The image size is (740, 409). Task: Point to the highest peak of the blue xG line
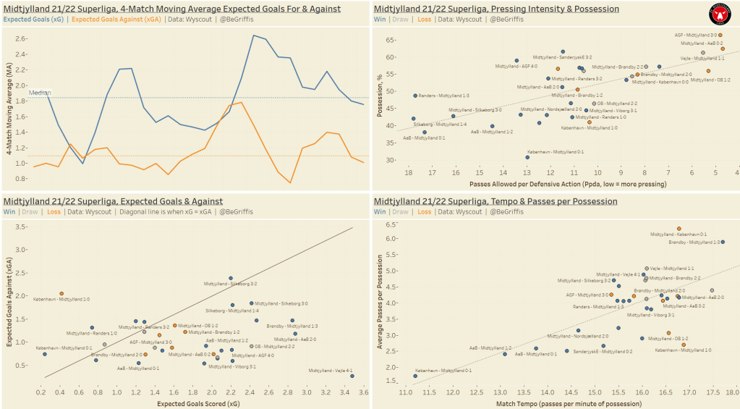[253, 35]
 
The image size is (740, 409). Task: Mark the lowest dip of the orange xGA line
[290, 182]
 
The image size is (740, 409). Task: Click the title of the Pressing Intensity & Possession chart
[496, 9]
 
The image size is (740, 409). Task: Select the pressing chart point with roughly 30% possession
[527, 157]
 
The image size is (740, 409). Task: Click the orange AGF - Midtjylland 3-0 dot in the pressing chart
[720, 35]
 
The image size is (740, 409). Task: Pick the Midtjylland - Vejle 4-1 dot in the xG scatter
[352, 376]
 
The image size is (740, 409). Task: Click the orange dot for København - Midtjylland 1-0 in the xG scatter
[61, 293]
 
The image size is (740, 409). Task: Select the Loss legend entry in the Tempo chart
[425, 212]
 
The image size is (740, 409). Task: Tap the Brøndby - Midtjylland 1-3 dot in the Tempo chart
[723, 242]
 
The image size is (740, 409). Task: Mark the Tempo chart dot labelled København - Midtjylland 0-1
[415, 376]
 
